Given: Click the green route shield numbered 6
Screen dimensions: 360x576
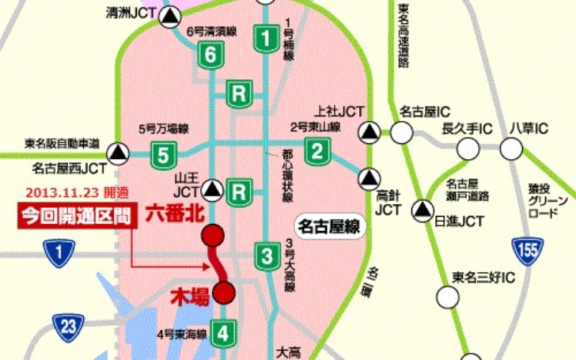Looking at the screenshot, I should click(209, 55).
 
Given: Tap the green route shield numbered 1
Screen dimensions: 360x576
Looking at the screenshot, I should click(267, 36).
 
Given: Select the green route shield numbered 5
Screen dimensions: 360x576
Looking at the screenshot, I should click(162, 153).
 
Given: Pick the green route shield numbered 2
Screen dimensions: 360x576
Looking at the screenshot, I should click(317, 149).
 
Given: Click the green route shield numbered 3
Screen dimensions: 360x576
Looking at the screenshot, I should click(267, 256).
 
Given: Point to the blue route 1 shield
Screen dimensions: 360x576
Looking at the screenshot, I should click(60, 253).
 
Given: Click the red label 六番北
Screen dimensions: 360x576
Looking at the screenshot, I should click(172, 214).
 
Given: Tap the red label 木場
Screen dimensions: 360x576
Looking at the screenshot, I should click(191, 297).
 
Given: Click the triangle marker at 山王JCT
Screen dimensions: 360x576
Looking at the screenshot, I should click(212, 188).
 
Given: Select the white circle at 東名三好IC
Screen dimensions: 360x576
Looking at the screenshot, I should click(449, 296).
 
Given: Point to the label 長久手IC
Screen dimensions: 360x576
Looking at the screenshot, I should click(467, 127).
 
